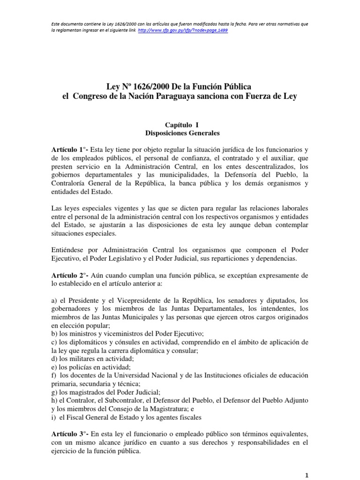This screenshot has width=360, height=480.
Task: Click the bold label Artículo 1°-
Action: click(69, 150)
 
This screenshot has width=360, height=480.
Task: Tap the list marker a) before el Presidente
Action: click(54, 300)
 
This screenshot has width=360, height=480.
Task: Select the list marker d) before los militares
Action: click(54, 358)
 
